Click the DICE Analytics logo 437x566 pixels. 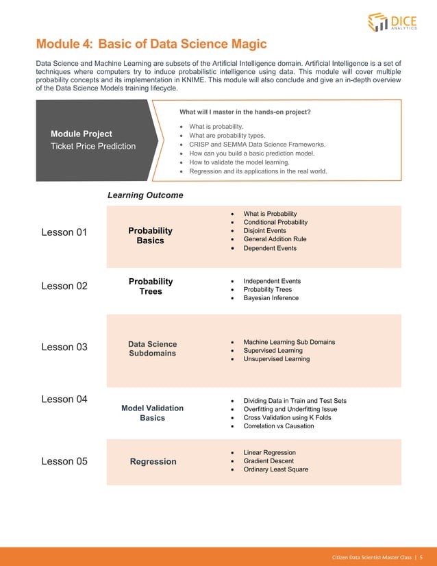pyautogui.click(x=393, y=23)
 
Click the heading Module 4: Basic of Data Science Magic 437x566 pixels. pyautogui.click(x=151, y=45)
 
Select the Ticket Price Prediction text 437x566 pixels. pyautogui.click(x=93, y=146)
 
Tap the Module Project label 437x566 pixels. pyautogui.click(x=82, y=134)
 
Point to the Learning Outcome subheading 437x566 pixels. pyautogui.click(x=145, y=195)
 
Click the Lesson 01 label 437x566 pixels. pyautogui.click(x=64, y=232)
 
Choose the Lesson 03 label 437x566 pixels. pyautogui.click(x=64, y=347)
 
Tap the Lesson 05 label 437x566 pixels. pyautogui.click(x=64, y=461)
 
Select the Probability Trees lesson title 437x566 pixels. pyautogui.click(x=151, y=286)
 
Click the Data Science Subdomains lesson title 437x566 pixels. pyautogui.click(x=152, y=349)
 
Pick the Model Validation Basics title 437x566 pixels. pyautogui.click(x=152, y=413)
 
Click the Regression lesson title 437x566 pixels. pyautogui.click(x=153, y=462)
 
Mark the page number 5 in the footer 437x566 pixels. pyautogui.click(x=422, y=556)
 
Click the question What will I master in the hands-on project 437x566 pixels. pyautogui.click(x=245, y=112)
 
